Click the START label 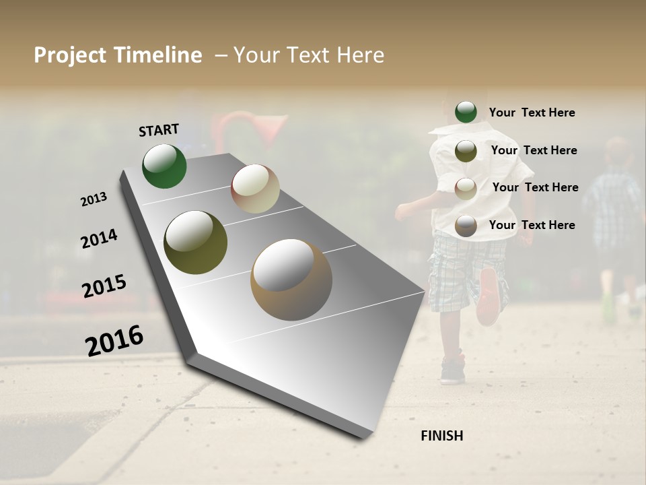pyautogui.click(x=159, y=130)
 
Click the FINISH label pyautogui.click(x=441, y=436)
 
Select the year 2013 pyautogui.click(x=94, y=199)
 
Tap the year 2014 pyautogui.click(x=99, y=238)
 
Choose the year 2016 pyautogui.click(x=114, y=341)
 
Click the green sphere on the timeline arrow pyautogui.click(x=164, y=166)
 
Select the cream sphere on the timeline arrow pyautogui.click(x=255, y=189)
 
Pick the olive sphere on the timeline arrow pyautogui.click(x=195, y=243)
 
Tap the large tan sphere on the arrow pyautogui.click(x=291, y=280)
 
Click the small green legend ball pyautogui.click(x=466, y=112)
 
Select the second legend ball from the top pyautogui.click(x=466, y=151)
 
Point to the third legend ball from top pyautogui.click(x=466, y=189)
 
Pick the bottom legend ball pyautogui.click(x=466, y=226)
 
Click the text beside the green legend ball pyautogui.click(x=532, y=112)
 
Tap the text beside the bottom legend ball pyautogui.click(x=532, y=225)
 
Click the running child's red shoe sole pyautogui.click(x=489, y=297)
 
